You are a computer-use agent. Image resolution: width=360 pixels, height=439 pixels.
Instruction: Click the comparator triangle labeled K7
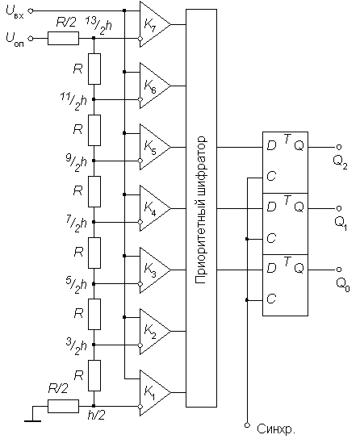pos(155,24)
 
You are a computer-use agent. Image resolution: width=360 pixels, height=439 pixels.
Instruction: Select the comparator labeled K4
pos(155,208)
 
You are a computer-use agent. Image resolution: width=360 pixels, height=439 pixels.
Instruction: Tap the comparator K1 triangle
pos(155,392)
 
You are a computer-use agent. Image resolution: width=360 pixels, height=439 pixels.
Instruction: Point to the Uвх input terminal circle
pos(31,10)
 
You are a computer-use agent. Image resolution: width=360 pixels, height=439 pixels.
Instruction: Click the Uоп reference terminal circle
pos(31,39)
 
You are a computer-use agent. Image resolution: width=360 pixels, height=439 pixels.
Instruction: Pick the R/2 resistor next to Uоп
pos(63,39)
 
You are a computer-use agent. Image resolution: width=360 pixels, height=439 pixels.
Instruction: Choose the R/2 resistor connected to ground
pos(63,406)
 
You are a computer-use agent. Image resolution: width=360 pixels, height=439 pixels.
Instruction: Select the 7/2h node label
pos(77,224)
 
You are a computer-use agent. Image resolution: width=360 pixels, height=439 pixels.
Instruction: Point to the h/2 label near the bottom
pos(96,416)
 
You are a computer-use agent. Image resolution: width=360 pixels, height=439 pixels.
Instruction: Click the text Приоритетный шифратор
pos(201,211)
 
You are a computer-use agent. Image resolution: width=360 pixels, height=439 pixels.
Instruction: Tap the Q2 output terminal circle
pos(339,147)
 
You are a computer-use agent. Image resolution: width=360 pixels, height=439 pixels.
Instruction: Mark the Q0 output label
pos(342,285)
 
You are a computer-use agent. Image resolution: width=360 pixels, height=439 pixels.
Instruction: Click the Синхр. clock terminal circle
pos(247,425)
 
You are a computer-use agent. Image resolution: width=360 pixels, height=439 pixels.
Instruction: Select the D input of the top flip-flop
pos(271,145)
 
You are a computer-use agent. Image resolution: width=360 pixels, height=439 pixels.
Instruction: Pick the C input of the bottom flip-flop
pos(271,299)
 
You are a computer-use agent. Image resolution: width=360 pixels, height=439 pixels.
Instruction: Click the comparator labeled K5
pos(155,147)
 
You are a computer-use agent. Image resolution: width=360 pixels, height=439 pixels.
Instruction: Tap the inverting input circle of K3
pos(140,284)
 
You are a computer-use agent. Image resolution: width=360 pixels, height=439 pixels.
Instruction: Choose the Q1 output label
pos(341,224)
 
